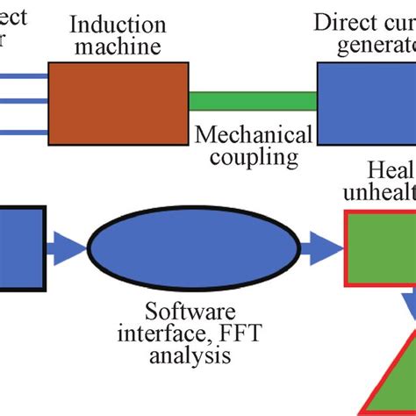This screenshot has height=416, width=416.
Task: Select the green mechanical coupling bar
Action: point(253,101)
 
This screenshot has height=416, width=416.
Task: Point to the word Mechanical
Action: point(253,135)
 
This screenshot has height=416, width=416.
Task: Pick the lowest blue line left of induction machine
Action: point(23,133)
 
